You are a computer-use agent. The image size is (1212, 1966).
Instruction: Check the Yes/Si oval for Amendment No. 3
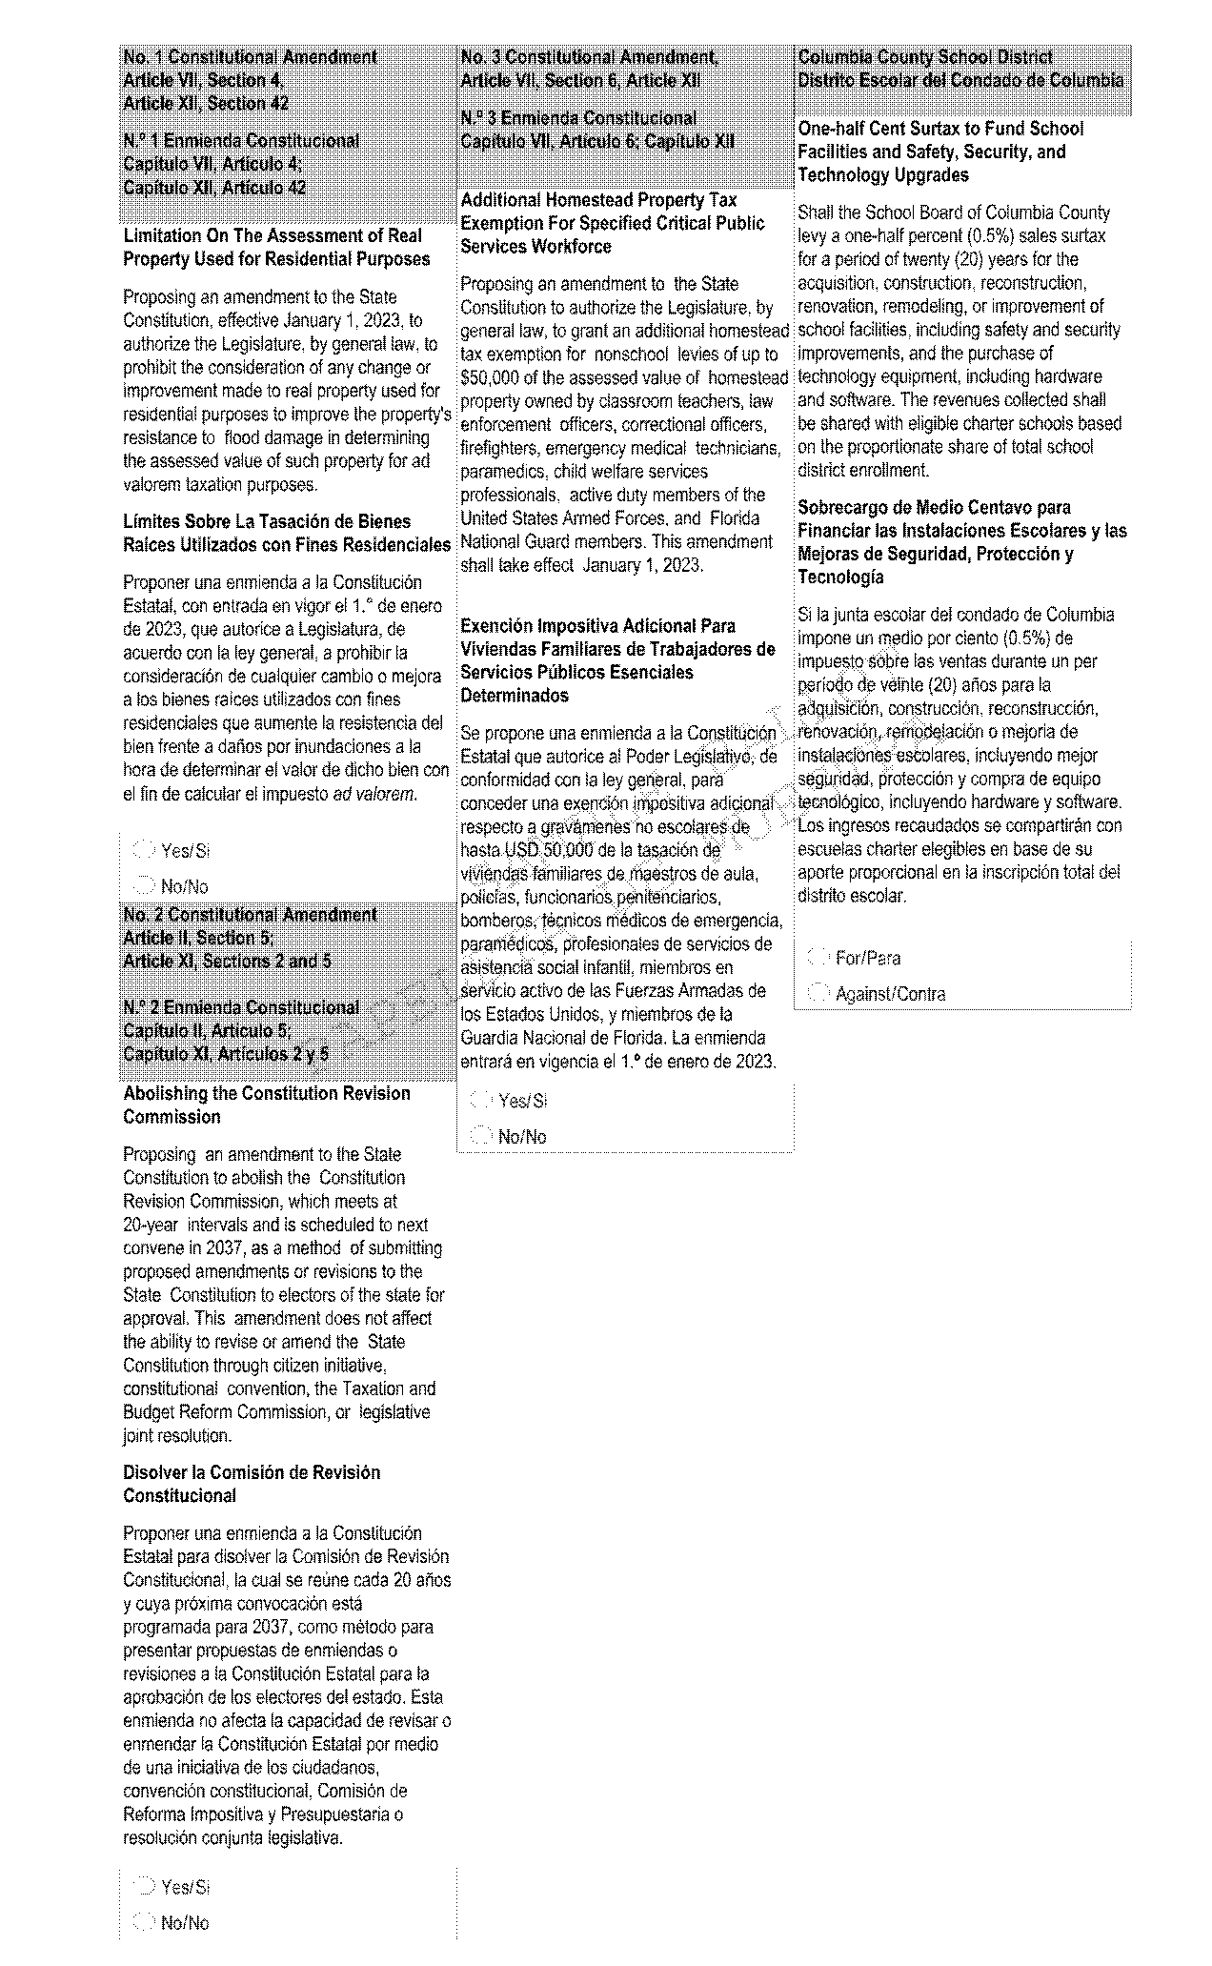483,1101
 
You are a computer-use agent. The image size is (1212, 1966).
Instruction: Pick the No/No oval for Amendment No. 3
483,1136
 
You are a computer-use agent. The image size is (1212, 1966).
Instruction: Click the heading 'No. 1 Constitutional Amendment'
251,58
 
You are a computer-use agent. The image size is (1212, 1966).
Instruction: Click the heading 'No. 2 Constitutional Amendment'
251,915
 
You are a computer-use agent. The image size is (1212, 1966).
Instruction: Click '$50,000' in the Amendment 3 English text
490,377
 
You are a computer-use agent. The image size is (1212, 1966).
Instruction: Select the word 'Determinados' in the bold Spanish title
515,696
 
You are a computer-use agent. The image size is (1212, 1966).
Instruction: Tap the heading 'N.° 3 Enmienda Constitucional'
578,119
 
